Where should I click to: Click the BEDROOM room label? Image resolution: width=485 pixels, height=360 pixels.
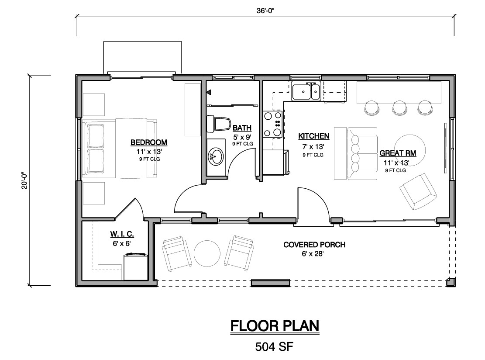(x=149, y=142)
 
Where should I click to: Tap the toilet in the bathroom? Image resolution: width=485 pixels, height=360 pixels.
(x=219, y=123)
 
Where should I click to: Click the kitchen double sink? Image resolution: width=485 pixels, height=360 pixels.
(x=306, y=91)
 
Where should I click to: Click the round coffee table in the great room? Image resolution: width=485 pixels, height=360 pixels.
(x=409, y=150)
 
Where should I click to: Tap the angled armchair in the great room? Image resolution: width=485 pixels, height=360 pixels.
(x=418, y=192)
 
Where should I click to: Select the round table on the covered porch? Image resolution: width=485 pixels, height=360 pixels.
(x=207, y=253)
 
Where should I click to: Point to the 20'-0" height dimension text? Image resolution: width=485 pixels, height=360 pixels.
(x=24, y=181)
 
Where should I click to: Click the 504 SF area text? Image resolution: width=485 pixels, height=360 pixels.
(x=274, y=347)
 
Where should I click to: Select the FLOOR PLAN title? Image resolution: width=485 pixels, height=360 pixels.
(x=275, y=326)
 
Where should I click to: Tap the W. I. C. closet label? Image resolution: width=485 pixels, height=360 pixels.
(x=122, y=234)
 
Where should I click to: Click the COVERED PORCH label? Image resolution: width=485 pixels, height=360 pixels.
(x=314, y=245)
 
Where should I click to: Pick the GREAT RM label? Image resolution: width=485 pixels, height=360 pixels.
(x=397, y=153)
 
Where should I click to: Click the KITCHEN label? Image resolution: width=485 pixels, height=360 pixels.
(x=313, y=136)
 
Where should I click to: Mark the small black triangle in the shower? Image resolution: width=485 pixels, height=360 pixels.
(x=209, y=92)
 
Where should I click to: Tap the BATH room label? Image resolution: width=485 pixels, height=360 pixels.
(x=242, y=128)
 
